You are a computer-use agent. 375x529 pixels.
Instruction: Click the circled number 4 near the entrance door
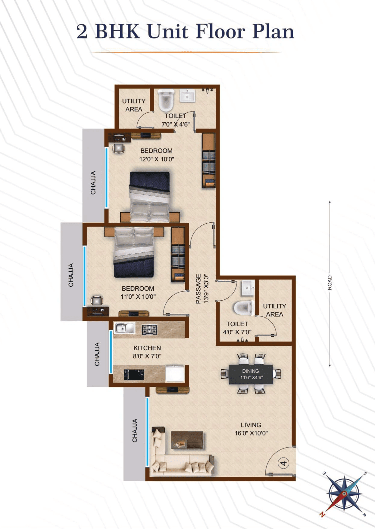point(283,463)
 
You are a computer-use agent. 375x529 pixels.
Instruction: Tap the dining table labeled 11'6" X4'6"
point(251,374)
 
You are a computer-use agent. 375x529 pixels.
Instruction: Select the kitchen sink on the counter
point(124,328)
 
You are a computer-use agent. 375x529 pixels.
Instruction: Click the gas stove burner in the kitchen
point(149,330)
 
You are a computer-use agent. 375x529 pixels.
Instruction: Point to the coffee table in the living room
point(187,440)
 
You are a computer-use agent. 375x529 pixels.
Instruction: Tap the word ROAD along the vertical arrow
point(330,283)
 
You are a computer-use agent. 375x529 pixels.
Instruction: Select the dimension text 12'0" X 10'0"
point(156,159)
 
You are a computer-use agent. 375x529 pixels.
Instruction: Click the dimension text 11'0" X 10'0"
point(138,297)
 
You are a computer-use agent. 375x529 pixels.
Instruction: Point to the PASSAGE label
point(198,289)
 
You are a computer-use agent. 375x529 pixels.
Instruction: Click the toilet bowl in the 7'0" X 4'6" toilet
point(166,100)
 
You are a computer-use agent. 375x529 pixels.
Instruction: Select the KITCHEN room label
point(147,348)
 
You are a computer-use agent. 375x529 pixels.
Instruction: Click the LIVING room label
point(251,425)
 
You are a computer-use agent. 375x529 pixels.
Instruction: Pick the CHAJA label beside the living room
point(135,430)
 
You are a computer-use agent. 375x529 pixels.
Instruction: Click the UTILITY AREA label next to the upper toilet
point(133,105)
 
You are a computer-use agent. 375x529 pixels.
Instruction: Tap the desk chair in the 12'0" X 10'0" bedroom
point(118,148)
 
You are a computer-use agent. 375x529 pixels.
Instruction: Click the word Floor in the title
point(220,31)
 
